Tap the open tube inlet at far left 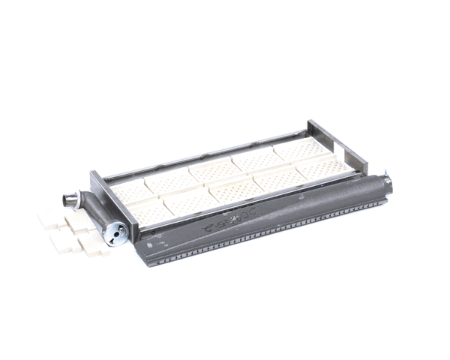click(70, 201)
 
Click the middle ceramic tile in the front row click(232, 192)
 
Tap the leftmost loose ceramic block click(48, 218)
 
